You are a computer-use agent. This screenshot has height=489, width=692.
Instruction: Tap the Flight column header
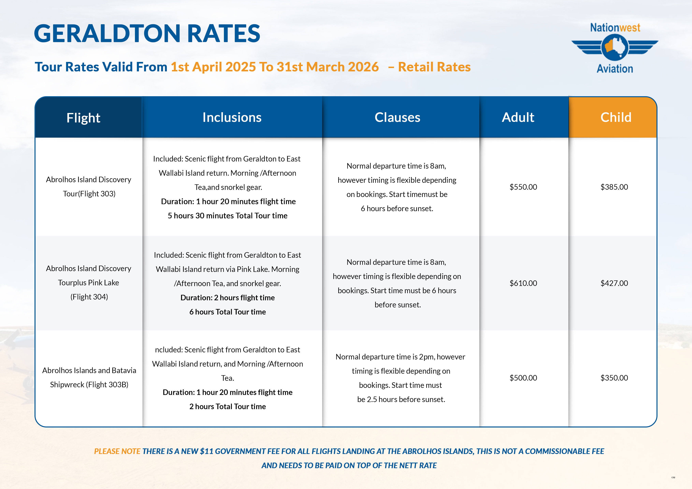83,118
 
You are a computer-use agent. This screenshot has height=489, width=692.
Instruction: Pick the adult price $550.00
523,187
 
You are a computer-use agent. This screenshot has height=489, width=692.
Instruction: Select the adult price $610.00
523,283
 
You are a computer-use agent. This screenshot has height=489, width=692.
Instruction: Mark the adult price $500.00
523,378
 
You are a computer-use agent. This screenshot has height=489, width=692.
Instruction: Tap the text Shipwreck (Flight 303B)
89,385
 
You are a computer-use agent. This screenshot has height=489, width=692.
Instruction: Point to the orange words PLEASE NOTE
117,451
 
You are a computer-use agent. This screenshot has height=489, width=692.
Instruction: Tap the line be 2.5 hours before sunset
401,399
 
